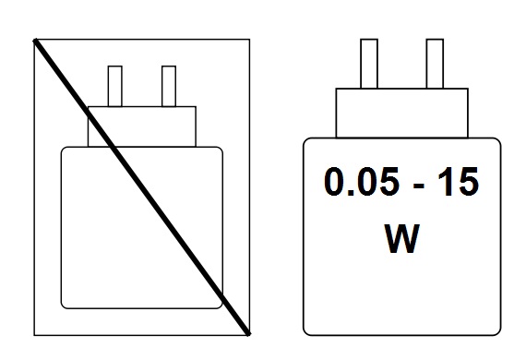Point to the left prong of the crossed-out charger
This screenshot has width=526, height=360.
pyautogui.click(x=115, y=86)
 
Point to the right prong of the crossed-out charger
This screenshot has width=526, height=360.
pyautogui.click(x=168, y=86)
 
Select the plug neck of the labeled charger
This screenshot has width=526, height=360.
pyautogui.click(x=401, y=112)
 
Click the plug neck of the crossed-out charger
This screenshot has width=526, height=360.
pyautogui.click(x=142, y=126)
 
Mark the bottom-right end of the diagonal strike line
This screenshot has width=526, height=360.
pyautogui.click(x=247, y=331)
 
